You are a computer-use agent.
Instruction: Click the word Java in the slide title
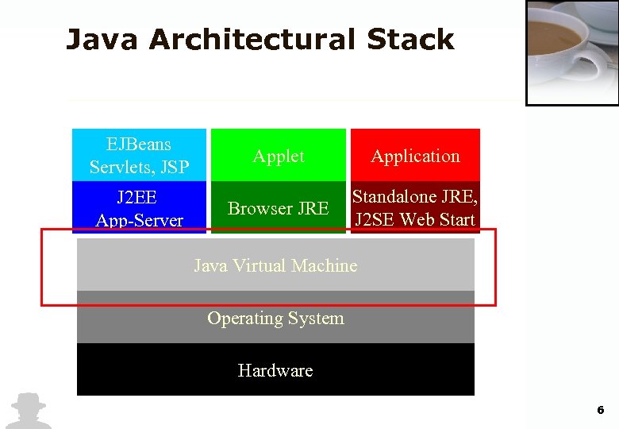(x=102, y=39)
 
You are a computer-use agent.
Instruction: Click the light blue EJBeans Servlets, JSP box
(x=139, y=155)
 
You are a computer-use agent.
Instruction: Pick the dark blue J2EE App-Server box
(x=139, y=207)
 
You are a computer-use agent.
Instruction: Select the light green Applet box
(x=278, y=156)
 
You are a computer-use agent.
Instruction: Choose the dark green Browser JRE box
(x=278, y=208)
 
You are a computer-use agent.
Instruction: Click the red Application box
(x=415, y=156)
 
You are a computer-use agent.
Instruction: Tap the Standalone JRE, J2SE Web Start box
(x=415, y=207)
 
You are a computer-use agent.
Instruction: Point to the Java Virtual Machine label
(x=275, y=265)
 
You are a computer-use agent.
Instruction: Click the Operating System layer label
(x=275, y=318)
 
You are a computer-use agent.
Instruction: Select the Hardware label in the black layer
(x=275, y=370)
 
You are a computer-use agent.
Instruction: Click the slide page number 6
(x=600, y=410)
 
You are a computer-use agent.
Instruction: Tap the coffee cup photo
(x=571, y=52)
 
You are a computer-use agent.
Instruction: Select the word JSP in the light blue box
(x=174, y=167)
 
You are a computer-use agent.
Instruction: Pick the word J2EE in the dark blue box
(x=136, y=196)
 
